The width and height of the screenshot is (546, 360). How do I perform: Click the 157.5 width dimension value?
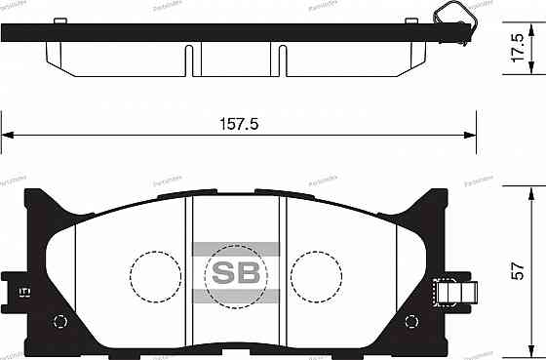[240, 124]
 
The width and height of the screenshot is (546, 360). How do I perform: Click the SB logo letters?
[237, 270]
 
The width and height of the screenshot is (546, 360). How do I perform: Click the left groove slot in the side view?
[184, 60]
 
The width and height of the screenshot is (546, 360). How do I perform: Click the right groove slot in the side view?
[281, 60]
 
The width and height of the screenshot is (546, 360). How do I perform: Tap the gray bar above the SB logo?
[237, 248]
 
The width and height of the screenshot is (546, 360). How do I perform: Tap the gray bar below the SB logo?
[237, 296]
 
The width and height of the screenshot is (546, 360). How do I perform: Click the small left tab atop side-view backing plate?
[60, 19]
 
